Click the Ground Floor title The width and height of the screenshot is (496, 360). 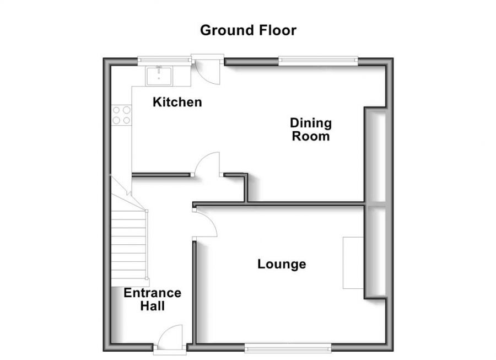248,30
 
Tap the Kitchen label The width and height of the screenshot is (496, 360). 177,102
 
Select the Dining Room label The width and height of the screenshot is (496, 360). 311,129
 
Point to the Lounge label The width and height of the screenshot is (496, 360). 282,265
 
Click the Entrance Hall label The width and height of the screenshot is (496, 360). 152,299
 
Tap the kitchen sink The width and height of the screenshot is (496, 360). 160,76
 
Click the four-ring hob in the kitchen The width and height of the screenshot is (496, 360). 121,115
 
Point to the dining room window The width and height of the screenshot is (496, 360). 318,61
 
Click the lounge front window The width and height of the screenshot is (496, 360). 288,347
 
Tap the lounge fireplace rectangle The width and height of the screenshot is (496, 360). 353,262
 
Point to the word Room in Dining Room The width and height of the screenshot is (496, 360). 311,136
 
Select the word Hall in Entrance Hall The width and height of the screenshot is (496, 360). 152,306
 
